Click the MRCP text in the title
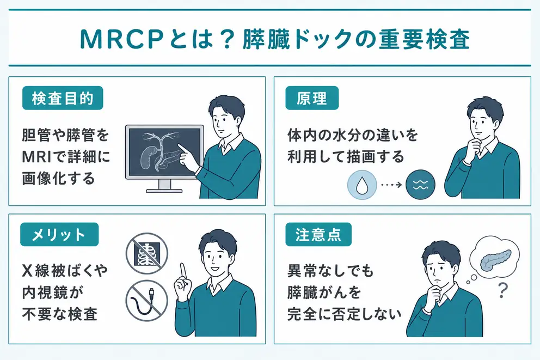point(121,39)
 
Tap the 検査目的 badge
point(63,98)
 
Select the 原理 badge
point(312,98)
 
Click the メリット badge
point(59,235)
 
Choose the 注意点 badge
point(318,235)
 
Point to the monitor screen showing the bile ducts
point(164,151)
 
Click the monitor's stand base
point(164,191)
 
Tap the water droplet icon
point(361,185)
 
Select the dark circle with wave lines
point(420,185)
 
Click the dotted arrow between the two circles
point(391,185)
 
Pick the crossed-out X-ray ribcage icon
point(147,254)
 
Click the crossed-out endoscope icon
point(147,301)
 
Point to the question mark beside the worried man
point(503,290)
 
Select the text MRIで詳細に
point(66,157)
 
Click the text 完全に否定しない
point(345,314)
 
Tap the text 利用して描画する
point(346,157)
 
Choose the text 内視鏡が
point(53,292)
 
